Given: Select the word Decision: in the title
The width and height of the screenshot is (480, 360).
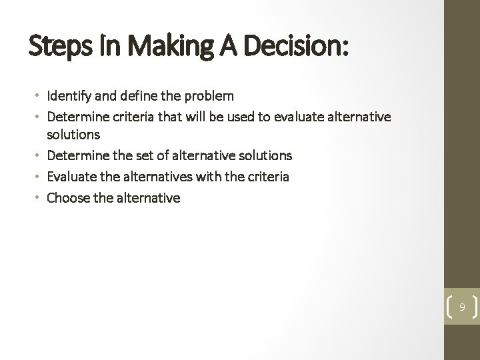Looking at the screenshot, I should pos(294,49).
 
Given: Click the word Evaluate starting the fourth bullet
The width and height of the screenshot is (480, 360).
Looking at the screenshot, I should pos(71,176).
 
